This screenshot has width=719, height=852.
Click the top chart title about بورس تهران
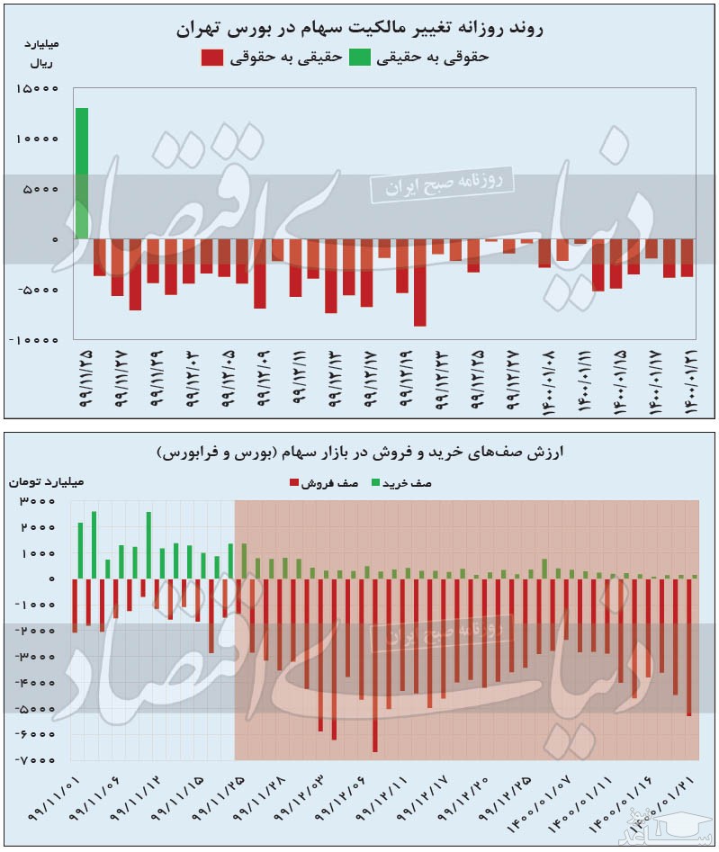pyautogui.click(x=360, y=29)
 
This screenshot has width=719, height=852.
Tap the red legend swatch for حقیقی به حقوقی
pyautogui.click(x=211, y=58)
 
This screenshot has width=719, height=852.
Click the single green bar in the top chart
pyautogui.click(x=82, y=173)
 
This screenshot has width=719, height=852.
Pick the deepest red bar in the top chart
pyautogui.click(x=419, y=283)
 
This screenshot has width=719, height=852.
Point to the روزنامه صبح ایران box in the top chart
pyautogui.click(x=441, y=184)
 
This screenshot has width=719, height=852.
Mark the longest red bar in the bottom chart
pyautogui.click(x=374, y=665)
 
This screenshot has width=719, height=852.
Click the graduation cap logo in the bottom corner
pyautogui.click(x=693, y=823)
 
